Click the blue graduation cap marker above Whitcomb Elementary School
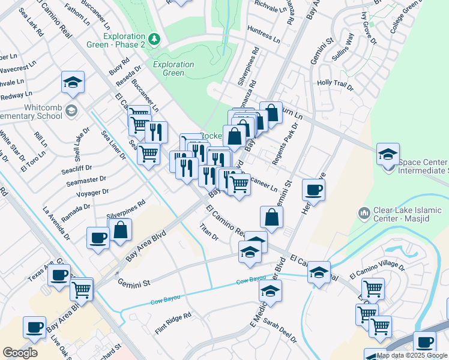(x=73, y=83)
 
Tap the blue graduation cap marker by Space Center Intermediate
(x=388, y=155)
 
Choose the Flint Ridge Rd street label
(x=172, y=323)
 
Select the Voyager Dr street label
(x=92, y=193)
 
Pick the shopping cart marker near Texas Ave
(x=81, y=289)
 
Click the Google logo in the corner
(x=20, y=353)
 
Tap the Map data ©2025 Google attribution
(x=412, y=355)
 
